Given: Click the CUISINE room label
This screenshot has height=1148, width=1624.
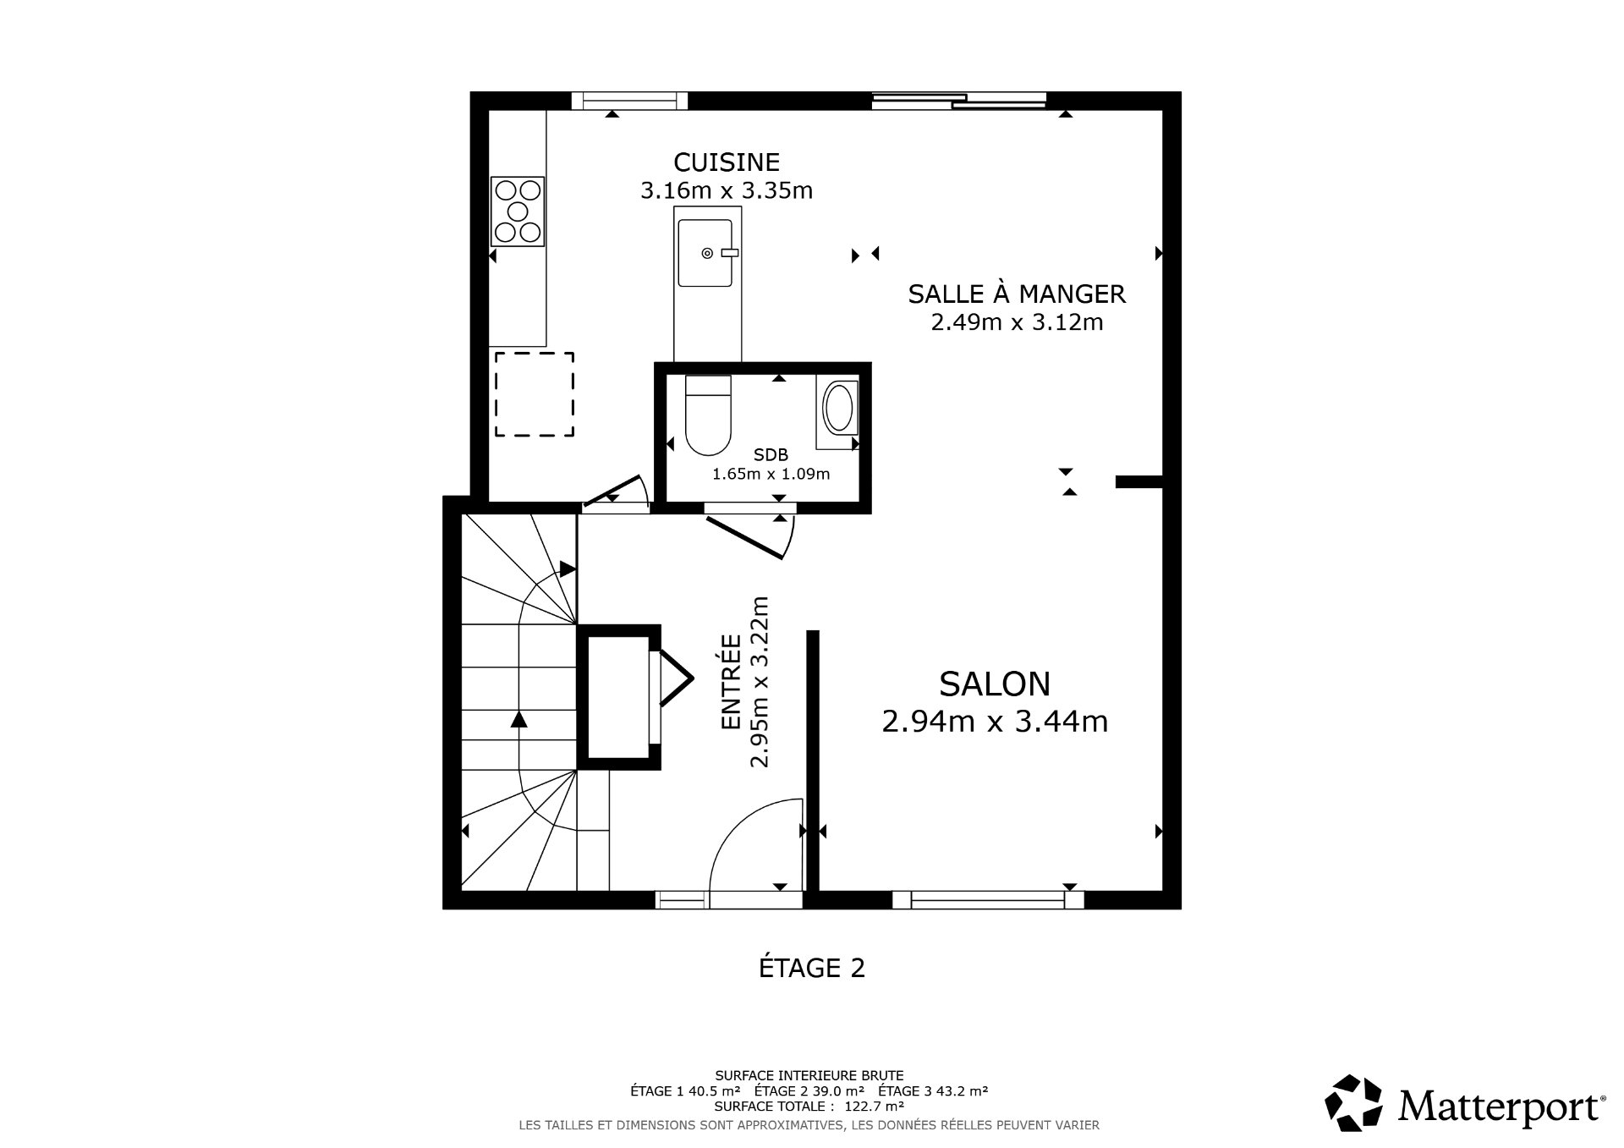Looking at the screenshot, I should click(x=726, y=162).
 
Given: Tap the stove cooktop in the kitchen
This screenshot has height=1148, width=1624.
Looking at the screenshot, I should click(x=517, y=211).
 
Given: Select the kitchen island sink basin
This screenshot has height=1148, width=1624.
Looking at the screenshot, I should click(x=705, y=252).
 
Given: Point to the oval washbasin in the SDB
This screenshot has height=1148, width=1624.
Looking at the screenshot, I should click(x=838, y=409).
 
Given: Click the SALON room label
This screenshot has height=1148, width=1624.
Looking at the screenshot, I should click(x=995, y=683).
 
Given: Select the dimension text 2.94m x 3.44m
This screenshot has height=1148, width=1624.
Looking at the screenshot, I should click(x=995, y=722).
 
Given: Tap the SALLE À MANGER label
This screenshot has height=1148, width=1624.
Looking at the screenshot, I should click(x=1017, y=294).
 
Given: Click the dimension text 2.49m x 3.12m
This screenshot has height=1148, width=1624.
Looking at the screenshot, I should click(x=1017, y=322).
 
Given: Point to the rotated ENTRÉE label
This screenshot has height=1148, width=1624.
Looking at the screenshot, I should click(x=731, y=682).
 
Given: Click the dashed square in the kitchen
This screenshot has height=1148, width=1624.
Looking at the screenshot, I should click(x=534, y=394).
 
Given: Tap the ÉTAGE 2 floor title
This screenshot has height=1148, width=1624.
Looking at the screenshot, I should click(x=811, y=968).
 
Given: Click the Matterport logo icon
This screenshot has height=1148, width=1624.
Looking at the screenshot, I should click(x=1352, y=1103).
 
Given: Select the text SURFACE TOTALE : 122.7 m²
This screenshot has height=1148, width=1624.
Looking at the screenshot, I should click(x=809, y=1106).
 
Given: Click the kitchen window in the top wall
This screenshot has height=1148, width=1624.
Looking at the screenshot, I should click(x=629, y=101).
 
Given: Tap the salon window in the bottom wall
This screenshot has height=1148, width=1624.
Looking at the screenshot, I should click(x=987, y=900).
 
